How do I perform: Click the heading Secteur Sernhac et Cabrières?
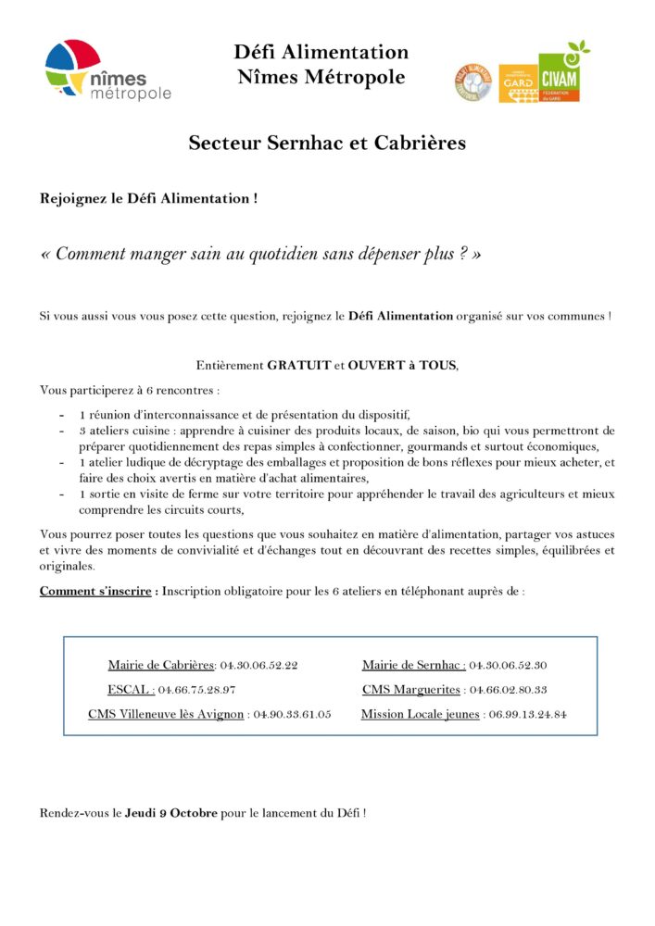point(327,144)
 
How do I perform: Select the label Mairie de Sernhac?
point(413,666)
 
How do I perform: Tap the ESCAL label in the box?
point(131,690)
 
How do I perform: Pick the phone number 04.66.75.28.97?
point(196,690)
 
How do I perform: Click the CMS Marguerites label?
point(411,690)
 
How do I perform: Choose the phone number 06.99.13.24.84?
point(528,715)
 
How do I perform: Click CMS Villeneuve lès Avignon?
point(166,715)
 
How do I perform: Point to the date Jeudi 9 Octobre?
point(171,813)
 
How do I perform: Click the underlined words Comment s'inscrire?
point(95,591)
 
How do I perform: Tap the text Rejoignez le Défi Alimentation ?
point(148,198)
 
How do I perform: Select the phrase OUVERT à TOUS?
point(403,366)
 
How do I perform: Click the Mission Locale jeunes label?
point(420,715)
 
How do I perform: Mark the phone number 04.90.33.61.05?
point(293,715)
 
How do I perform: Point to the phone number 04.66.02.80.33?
point(509,690)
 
